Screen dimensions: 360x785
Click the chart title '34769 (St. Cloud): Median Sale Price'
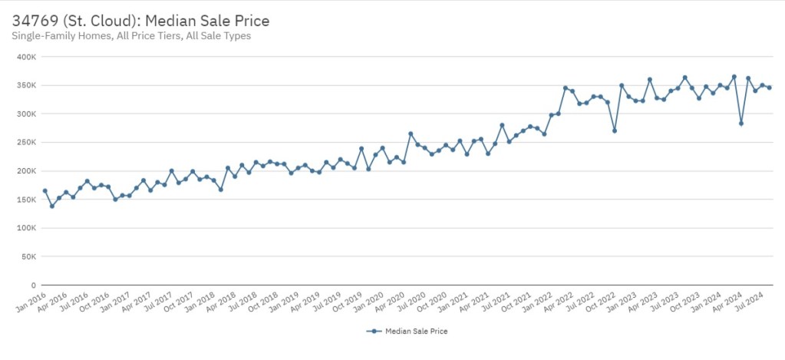(x=140, y=20)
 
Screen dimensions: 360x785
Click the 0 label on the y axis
(x=34, y=285)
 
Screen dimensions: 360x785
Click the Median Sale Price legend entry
(x=407, y=332)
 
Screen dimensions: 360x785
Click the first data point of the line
(x=45, y=190)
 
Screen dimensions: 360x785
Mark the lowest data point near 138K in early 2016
(x=52, y=206)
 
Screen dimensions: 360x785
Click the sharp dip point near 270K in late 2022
(x=615, y=130)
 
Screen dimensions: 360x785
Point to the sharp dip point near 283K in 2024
(x=741, y=124)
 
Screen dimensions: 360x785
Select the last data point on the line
(x=769, y=88)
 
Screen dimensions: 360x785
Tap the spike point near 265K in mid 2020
(x=411, y=134)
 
